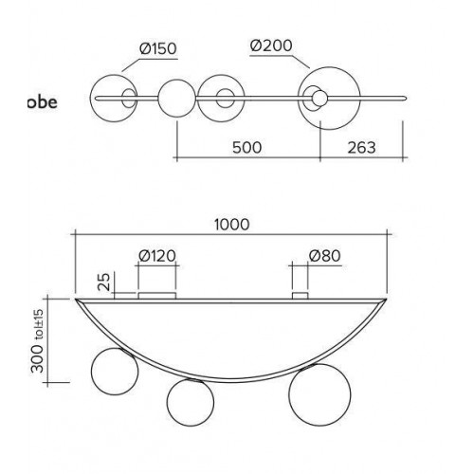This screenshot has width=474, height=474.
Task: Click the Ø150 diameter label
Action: (x=158, y=48)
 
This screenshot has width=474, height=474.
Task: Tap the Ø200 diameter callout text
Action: (x=271, y=46)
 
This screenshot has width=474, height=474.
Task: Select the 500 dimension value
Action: (x=247, y=148)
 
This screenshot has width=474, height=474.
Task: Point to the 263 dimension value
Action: (x=362, y=148)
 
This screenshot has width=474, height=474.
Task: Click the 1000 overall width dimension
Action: (x=232, y=225)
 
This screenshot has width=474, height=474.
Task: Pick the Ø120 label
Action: (x=157, y=256)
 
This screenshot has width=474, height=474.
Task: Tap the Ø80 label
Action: (x=325, y=256)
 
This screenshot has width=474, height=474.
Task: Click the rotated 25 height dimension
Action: (x=103, y=282)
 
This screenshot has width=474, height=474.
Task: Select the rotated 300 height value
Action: (x=38, y=358)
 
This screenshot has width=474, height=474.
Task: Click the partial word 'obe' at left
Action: (x=42, y=102)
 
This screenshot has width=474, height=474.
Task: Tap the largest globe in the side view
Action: (x=319, y=394)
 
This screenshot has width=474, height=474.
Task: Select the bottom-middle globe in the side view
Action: (x=191, y=402)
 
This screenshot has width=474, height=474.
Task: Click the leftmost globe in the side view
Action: (x=115, y=372)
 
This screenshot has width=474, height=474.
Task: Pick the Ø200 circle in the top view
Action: (x=329, y=67)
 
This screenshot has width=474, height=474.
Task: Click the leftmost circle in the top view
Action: (x=114, y=75)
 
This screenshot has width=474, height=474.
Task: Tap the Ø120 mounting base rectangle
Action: (x=157, y=296)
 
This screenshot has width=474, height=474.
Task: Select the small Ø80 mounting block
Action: (x=300, y=296)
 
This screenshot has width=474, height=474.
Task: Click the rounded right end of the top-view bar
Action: (x=405, y=99)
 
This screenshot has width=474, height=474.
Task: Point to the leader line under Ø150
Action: (x=150, y=64)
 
